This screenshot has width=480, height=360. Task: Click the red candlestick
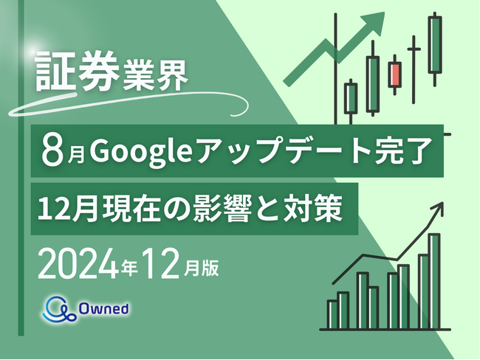coord(394,74)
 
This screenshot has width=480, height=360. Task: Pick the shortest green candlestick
coord(351,97)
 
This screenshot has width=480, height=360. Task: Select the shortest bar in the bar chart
coord(332,314)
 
